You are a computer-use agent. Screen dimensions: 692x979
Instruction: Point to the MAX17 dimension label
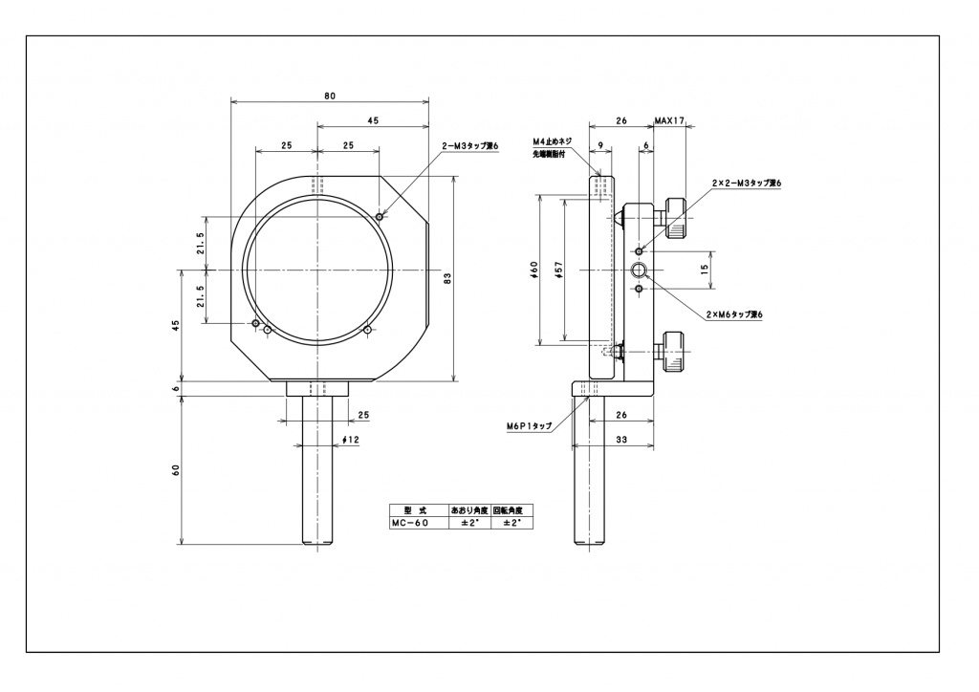[670, 121]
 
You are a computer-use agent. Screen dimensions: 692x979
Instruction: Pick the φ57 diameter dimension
[559, 270]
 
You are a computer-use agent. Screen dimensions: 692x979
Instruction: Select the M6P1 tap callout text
[530, 427]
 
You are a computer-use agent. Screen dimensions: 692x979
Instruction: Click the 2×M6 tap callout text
[734, 314]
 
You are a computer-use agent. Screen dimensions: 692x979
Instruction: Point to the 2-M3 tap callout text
[470, 145]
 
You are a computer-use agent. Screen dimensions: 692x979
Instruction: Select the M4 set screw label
[552, 141]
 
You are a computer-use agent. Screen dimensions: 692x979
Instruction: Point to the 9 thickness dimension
[598, 144]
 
